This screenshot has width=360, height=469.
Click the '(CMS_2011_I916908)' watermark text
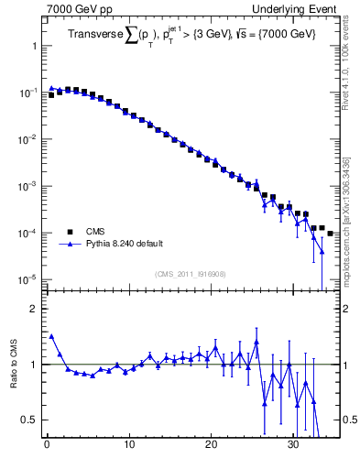pos(191,274)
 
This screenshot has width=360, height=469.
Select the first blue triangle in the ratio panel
pos(51,336)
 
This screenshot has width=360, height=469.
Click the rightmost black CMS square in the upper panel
pos(330,234)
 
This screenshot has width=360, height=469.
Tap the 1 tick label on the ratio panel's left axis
pos(33,365)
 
